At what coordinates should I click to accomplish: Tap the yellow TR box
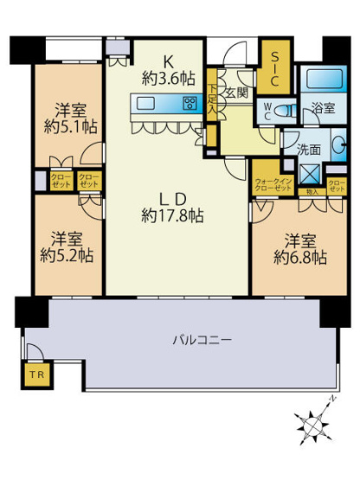click(x=33, y=375)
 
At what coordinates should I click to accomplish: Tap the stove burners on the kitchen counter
click(x=190, y=105)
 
